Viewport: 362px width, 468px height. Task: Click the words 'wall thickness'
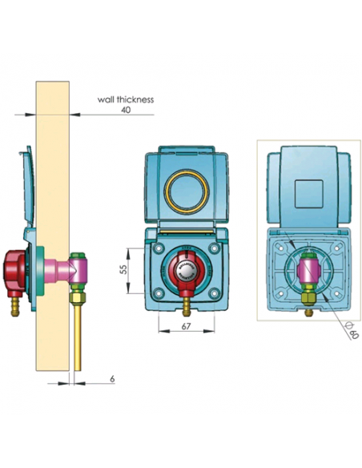coord(125,101)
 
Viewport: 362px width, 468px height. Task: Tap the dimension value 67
coord(185,327)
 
